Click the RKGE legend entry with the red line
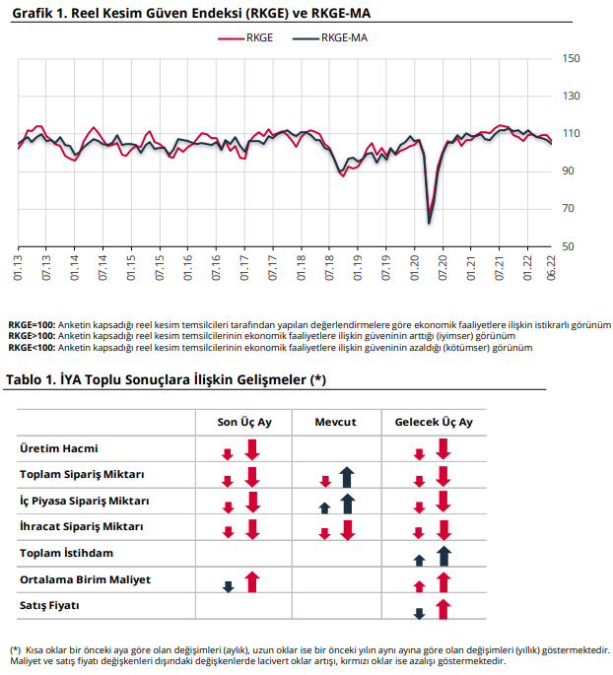(245, 37)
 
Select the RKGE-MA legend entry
(330, 37)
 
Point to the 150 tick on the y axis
(571, 58)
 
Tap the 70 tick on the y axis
(569, 208)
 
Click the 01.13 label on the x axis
(18, 268)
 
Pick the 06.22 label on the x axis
(551, 268)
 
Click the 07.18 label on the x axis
(329, 268)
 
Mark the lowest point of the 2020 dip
(429, 224)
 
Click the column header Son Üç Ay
(244, 423)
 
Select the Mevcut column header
(335, 422)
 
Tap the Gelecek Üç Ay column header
(434, 423)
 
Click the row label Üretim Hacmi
(59, 448)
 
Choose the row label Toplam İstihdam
(66, 553)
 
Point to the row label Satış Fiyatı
(49, 606)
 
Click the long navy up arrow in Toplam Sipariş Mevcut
(347, 477)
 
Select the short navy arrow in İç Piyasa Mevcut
(324, 507)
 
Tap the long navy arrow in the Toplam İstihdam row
(444, 556)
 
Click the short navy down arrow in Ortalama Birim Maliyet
(229, 586)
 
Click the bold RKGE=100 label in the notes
(32, 325)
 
